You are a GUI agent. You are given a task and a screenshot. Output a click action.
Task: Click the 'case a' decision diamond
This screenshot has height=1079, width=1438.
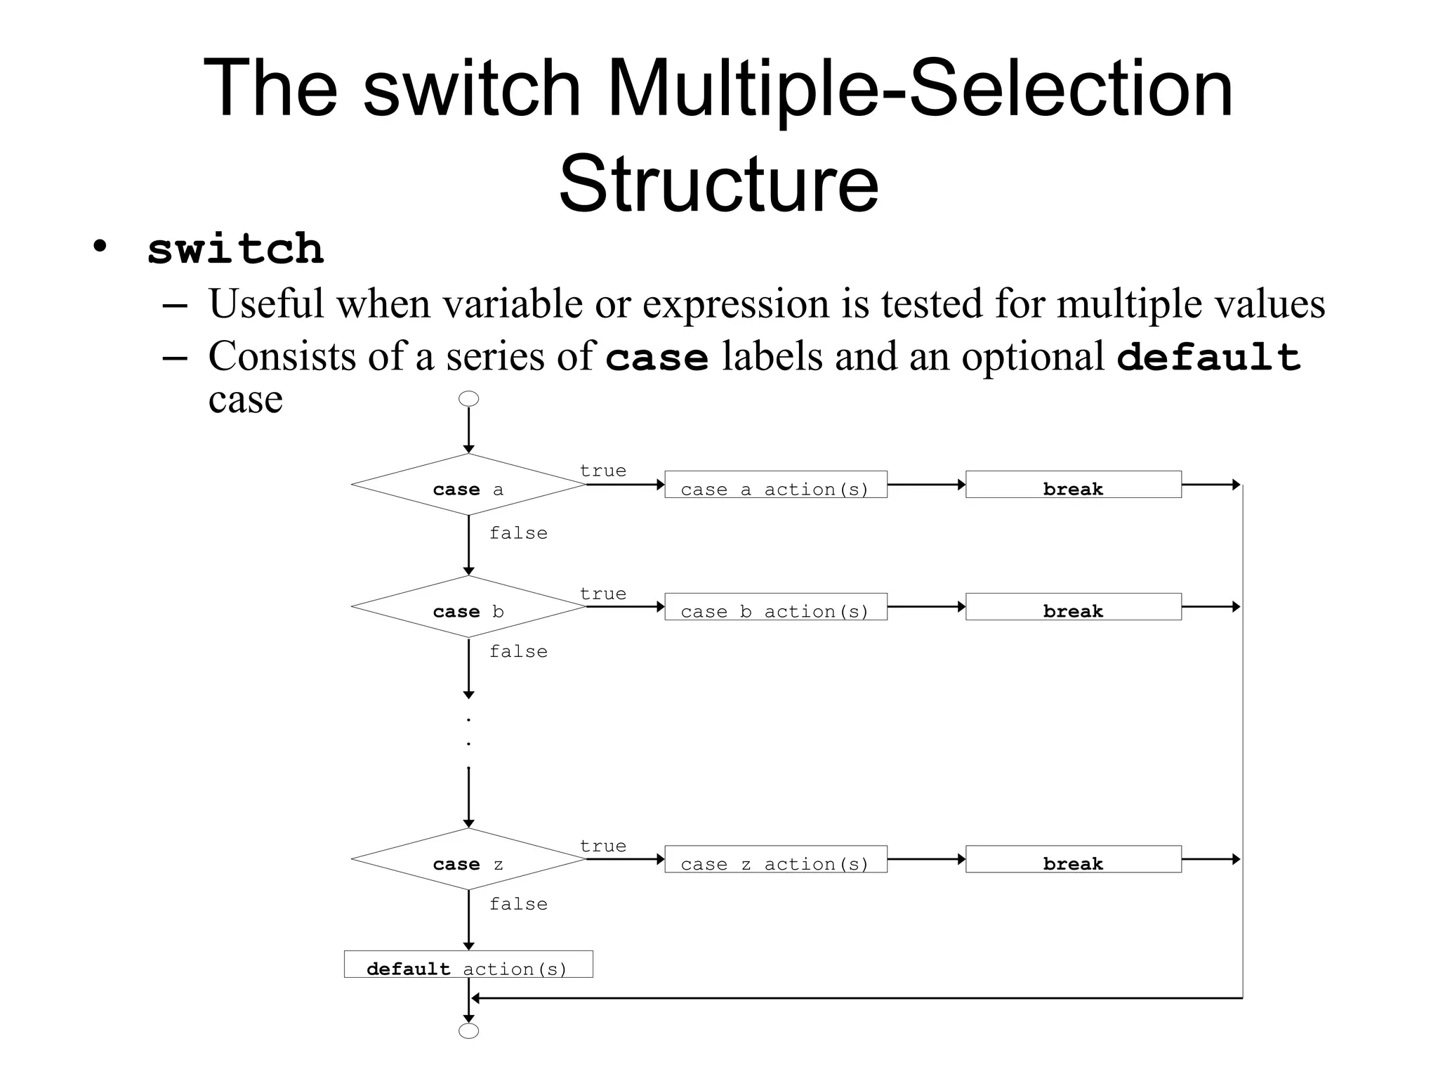point(468,485)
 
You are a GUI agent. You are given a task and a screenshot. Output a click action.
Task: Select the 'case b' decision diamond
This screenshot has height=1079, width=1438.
point(468,607)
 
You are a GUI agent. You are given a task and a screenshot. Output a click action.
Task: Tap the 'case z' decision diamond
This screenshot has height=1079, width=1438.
point(468,859)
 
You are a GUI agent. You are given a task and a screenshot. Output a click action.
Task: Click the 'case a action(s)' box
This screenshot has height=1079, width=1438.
point(775,485)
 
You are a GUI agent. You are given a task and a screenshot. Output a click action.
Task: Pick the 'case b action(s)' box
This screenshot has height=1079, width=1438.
point(775,607)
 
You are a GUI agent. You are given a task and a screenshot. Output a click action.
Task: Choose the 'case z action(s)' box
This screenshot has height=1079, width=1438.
point(775,859)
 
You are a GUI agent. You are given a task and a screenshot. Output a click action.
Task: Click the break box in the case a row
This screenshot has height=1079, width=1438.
point(1073,485)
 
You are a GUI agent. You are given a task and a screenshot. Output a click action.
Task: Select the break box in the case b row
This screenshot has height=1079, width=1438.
point(1073,607)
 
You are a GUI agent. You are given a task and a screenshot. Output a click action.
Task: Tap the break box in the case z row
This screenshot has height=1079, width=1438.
point(1073,859)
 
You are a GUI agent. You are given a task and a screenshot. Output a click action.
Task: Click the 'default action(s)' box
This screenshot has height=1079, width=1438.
point(468,964)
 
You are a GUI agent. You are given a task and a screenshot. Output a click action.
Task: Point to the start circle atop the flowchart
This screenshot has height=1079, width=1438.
point(468,399)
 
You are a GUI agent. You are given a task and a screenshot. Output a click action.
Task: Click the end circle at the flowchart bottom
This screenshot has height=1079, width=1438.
point(468,1031)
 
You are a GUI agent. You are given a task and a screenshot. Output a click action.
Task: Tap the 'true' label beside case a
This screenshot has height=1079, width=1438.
point(602,471)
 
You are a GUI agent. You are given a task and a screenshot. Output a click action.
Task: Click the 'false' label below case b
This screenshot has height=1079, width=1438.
point(518,652)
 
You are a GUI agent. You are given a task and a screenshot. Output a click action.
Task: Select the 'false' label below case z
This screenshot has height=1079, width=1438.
point(518,904)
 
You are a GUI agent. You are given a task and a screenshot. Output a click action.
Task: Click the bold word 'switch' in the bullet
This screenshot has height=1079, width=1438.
point(235,249)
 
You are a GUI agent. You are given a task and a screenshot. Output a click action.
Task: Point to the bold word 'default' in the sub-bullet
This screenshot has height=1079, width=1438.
point(1208,357)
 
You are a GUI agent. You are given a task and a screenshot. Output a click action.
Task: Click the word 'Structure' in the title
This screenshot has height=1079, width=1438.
point(718,184)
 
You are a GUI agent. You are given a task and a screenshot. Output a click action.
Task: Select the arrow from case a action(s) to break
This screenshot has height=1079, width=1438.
point(926,485)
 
